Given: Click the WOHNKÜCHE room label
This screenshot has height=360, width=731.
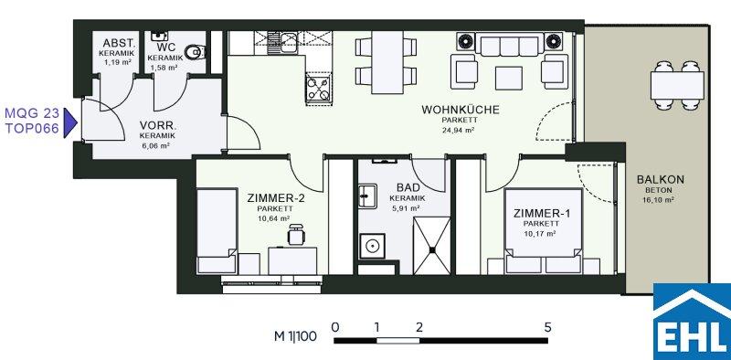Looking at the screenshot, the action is tap(461, 110).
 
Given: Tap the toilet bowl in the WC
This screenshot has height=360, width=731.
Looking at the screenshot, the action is tap(195, 52).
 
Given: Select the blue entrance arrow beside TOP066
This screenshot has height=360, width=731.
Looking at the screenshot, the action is tap(70, 123).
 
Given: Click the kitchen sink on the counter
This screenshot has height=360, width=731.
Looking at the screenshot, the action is tap(288, 39).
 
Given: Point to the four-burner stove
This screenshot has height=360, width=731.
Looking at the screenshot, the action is tap(319, 89).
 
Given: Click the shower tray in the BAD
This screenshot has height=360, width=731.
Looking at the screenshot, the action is tap(432, 246).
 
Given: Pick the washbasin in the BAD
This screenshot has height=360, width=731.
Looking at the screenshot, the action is tap(368, 196).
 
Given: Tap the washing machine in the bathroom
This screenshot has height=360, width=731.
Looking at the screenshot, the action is tap(373, 246).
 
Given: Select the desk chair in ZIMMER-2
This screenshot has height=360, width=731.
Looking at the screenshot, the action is tap(296, 234).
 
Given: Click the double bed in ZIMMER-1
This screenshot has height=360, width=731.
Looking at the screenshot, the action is tap(544, 230).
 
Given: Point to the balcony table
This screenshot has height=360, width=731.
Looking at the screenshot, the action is tap(677, 85).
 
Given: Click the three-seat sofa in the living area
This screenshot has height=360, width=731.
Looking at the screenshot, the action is tap(510, 46).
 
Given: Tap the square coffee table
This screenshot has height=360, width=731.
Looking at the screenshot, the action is tap(509, 79).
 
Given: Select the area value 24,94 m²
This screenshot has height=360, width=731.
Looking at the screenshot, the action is tap(458, 130).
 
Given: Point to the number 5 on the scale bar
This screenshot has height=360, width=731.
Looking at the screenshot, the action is tap(547, 327).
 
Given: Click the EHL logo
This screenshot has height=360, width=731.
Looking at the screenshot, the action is tap(692, 322).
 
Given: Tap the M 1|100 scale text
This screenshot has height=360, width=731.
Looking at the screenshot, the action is tap(295, 336).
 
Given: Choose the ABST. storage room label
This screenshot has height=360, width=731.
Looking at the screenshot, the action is tap(119, 44).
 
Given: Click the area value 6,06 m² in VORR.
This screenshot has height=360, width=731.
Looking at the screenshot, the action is tap(157, 146).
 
